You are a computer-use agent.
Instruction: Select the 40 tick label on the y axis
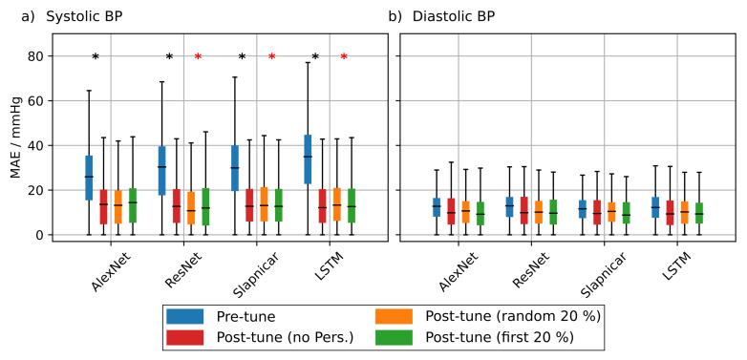click(x=36, y=146)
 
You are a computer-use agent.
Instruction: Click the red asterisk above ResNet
click(x=198, y=58)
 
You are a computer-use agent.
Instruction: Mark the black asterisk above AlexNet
click(x=96, y=58)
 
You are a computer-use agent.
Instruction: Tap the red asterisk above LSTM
click(x=344, y=58)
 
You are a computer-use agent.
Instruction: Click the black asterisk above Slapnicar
click(x=242, y=58)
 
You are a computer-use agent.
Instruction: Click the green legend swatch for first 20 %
click(x=393, y=336)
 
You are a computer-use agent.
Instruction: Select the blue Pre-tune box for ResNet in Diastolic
click(x=509, y=206)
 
